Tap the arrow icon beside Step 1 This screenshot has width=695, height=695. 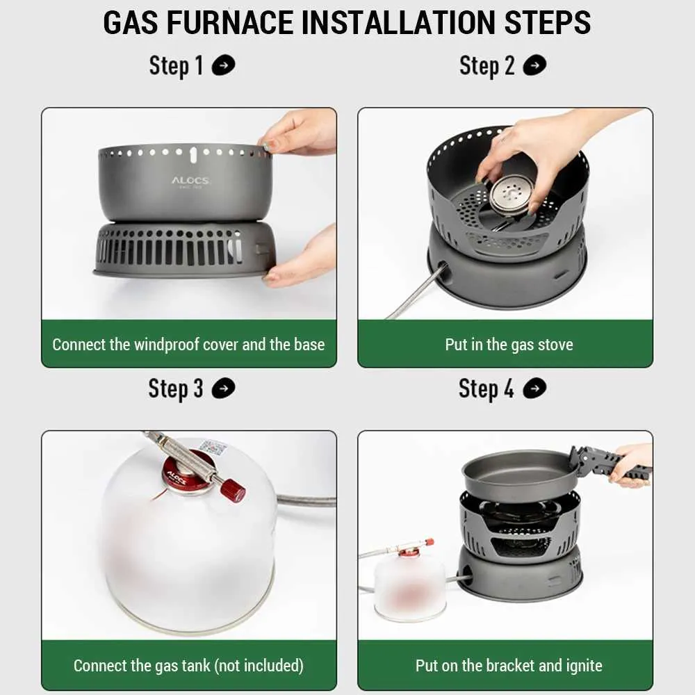click(223, 65)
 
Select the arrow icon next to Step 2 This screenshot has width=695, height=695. click(534, 65)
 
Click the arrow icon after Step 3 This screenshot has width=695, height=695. click(223, 389)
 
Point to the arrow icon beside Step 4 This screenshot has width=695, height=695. click(534, 389)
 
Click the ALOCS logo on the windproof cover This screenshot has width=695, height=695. click(190, 181)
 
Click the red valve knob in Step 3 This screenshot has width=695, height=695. click(234, 489)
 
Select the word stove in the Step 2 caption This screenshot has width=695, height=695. click(555, 345)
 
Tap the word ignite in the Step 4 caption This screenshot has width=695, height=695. click(584, 665)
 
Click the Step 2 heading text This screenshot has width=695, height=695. click(487, 65)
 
